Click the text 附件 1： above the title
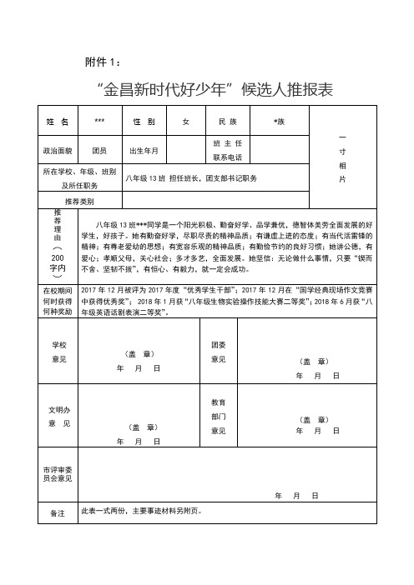(104, 61)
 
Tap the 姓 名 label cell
(58, 122)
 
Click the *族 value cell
(279, 122)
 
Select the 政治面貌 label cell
(58, 151)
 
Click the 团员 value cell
(99, 151)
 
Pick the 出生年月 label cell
(144, 151)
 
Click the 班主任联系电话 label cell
(228, 151)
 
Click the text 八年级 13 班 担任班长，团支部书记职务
(191, 178)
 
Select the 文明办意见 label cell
(58, 417)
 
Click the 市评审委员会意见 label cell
(58, 473)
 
